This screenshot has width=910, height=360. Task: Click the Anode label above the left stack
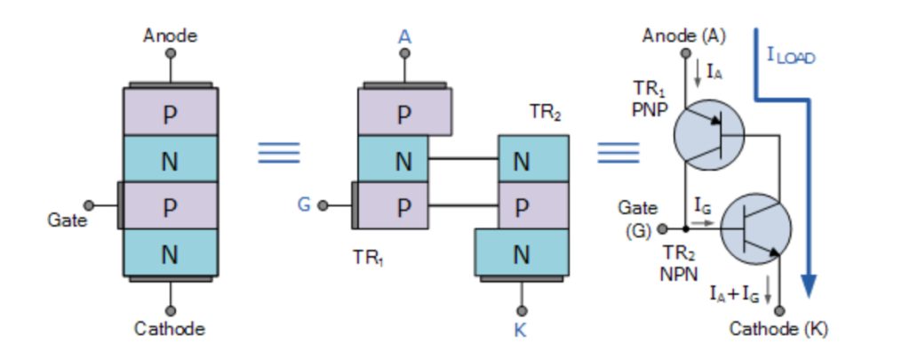(x=170, y=36)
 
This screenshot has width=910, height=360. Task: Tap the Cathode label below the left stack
(x=170, y=329)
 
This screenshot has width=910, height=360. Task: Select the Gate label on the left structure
(x=68, y=220)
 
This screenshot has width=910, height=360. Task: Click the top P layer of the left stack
(x=170, y=112)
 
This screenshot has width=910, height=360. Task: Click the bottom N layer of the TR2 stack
(x=522, y=252)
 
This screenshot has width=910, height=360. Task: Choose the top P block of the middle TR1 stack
(x=404, y=112)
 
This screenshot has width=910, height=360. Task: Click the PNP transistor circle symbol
(x=709, y=135)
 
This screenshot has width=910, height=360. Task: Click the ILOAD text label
(x=791, y=56)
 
